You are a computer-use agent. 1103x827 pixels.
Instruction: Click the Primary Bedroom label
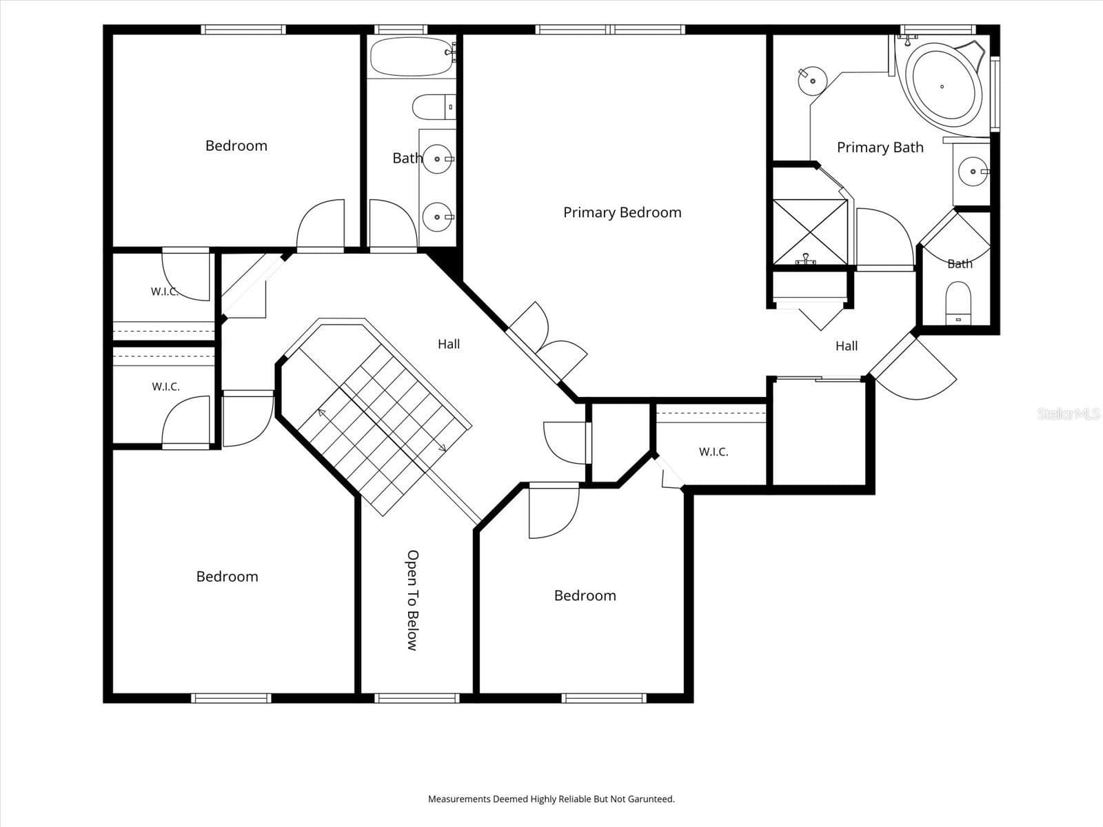(622, 212)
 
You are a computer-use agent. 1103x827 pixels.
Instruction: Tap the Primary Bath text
(880, 147)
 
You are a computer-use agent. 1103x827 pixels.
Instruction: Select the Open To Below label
(412, 600)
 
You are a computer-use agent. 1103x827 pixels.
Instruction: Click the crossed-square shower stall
(809, 232)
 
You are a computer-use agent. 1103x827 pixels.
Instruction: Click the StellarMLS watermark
(1069, 413)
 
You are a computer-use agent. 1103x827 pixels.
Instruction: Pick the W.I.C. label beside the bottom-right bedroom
(714, 452)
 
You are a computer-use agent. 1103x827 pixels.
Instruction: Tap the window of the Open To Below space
(417, 698)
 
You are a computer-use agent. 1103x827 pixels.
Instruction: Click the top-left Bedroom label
(236, 145)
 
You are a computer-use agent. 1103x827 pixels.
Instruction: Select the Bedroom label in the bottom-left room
(227, 576)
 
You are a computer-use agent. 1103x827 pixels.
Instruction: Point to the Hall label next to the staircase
(449, 344)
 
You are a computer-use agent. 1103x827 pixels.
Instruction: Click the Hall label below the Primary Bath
(847, 346)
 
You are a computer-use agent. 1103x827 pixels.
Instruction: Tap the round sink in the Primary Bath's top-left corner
(813, 81)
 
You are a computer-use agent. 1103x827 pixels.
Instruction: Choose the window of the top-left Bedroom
(244, 30)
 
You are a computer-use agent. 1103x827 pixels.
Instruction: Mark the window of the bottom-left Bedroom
(231, 698)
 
